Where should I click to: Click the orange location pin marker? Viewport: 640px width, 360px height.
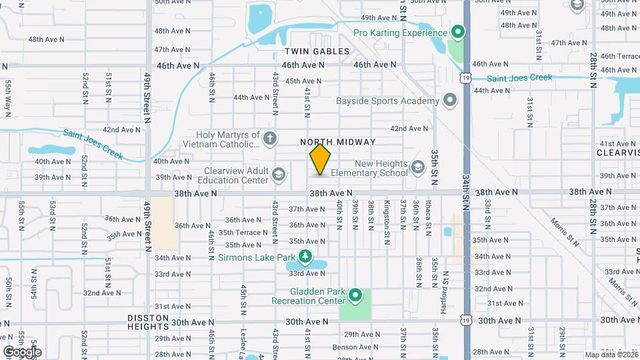321,159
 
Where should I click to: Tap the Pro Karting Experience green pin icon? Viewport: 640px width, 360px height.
457,32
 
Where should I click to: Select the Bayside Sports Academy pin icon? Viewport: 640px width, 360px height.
450,101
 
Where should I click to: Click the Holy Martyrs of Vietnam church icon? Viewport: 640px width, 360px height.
269,138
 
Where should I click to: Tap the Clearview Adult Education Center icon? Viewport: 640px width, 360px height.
278,175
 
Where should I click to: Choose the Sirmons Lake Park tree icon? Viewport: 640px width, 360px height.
305,256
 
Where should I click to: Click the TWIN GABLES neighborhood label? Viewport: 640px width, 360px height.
317,51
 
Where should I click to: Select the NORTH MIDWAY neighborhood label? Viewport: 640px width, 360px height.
338,142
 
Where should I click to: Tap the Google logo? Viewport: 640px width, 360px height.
22,351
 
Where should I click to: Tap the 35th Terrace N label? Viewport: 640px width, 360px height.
244,232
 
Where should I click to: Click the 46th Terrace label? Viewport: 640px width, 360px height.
619,56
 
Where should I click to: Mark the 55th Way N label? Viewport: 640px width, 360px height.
8,95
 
